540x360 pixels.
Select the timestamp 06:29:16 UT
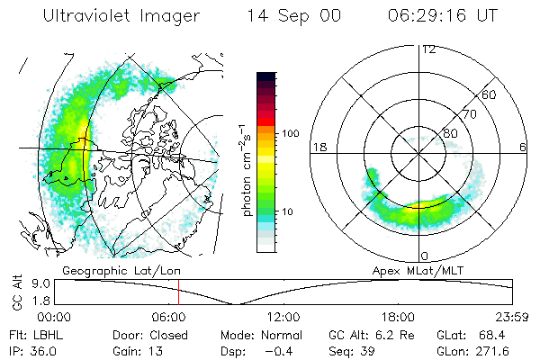tap(442, 17)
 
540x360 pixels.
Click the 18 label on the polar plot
tap(318, 147)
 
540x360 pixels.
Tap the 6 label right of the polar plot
tap(524, 147)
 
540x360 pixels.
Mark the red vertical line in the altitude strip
tap(178, 292)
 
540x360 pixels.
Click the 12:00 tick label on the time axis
tap(284, 316)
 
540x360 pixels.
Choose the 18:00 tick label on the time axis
tap(398, 316)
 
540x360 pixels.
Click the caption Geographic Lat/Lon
tap(115, 269)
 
